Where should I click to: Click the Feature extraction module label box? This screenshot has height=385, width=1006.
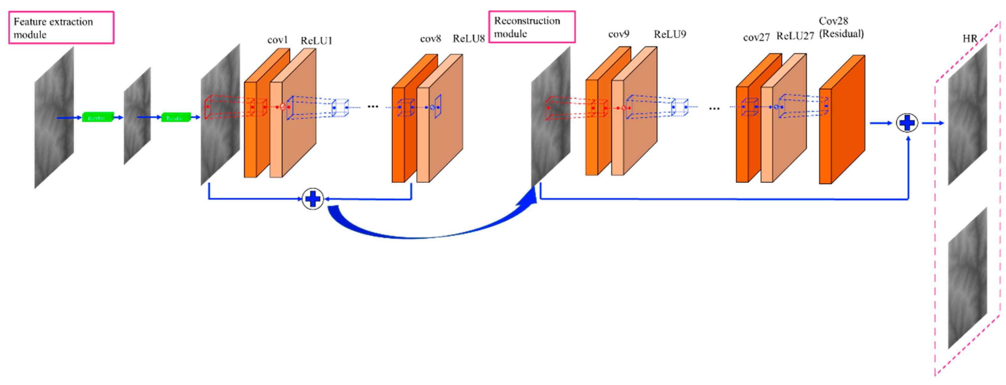pos(61,27)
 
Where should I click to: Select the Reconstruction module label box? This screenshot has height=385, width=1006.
pos(531,26)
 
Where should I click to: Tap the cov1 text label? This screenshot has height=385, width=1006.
pos(277,40)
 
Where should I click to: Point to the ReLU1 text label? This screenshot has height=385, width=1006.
pos(316,41)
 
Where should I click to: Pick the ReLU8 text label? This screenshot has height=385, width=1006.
pos(468,39)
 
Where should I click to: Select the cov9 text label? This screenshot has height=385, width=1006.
pos(619,34)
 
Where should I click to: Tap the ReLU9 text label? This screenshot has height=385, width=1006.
pos(670,34)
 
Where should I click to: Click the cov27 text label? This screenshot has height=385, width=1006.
pos(756,38)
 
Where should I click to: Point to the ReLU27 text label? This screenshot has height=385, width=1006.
pos(795,36)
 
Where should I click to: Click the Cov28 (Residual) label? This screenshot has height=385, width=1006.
pos(841,27)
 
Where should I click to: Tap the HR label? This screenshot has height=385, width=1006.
pos(970,39)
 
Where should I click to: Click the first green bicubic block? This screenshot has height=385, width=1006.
pos(98,117)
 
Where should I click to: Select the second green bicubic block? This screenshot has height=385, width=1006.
pos(176,117)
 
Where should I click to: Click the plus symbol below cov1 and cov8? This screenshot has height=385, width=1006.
pos(313,199)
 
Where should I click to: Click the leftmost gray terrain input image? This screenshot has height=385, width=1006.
pos(54,117)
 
